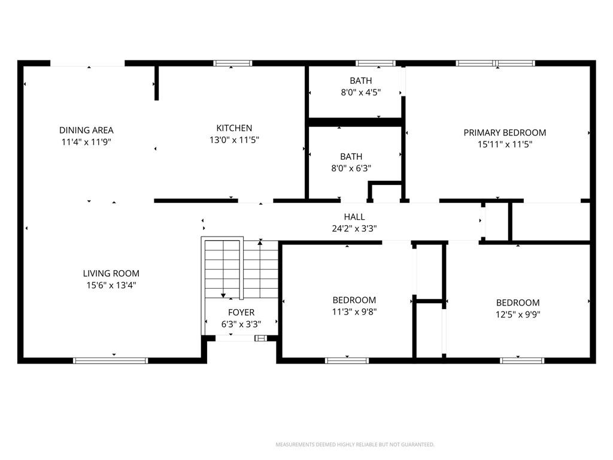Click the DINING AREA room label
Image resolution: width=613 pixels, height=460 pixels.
[x=86, y=130]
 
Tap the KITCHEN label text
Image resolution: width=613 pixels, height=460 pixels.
[x=234, y=128]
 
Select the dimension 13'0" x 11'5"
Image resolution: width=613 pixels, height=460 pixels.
[x=234, y=140]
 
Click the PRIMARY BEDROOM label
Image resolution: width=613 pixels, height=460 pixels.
[x=505, y=132]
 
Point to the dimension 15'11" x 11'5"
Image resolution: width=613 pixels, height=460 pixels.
[x=505, y=144]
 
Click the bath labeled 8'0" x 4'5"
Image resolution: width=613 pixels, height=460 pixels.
[x=361, y=81]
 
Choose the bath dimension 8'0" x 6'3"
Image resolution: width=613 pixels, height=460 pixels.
[x=351, y=168]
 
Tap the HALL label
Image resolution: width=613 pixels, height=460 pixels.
[x=354, y=217]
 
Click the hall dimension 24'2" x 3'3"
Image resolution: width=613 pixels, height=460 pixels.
[x=354, y=228]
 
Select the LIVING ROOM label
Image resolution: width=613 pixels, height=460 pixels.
[x=111, y=273]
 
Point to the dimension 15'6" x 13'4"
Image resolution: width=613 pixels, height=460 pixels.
[x=111, y=285]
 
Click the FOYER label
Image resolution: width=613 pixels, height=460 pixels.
[x=241, y=312]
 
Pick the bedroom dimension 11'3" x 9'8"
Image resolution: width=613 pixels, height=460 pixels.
[x=354, y=311]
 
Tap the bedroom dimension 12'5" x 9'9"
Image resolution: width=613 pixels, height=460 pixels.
[x=518, y=314]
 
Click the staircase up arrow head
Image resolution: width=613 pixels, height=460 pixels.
[x=260, y=243]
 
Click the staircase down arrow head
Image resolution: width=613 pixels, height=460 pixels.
[x=223, y=295]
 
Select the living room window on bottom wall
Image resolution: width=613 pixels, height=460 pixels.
[x=111, y=361]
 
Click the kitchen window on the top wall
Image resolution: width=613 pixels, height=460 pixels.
[x=233, y=63]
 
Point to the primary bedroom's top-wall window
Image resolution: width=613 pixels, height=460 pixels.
[x=495, y=63]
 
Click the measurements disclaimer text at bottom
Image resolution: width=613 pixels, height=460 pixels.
[x=355, y=444]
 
